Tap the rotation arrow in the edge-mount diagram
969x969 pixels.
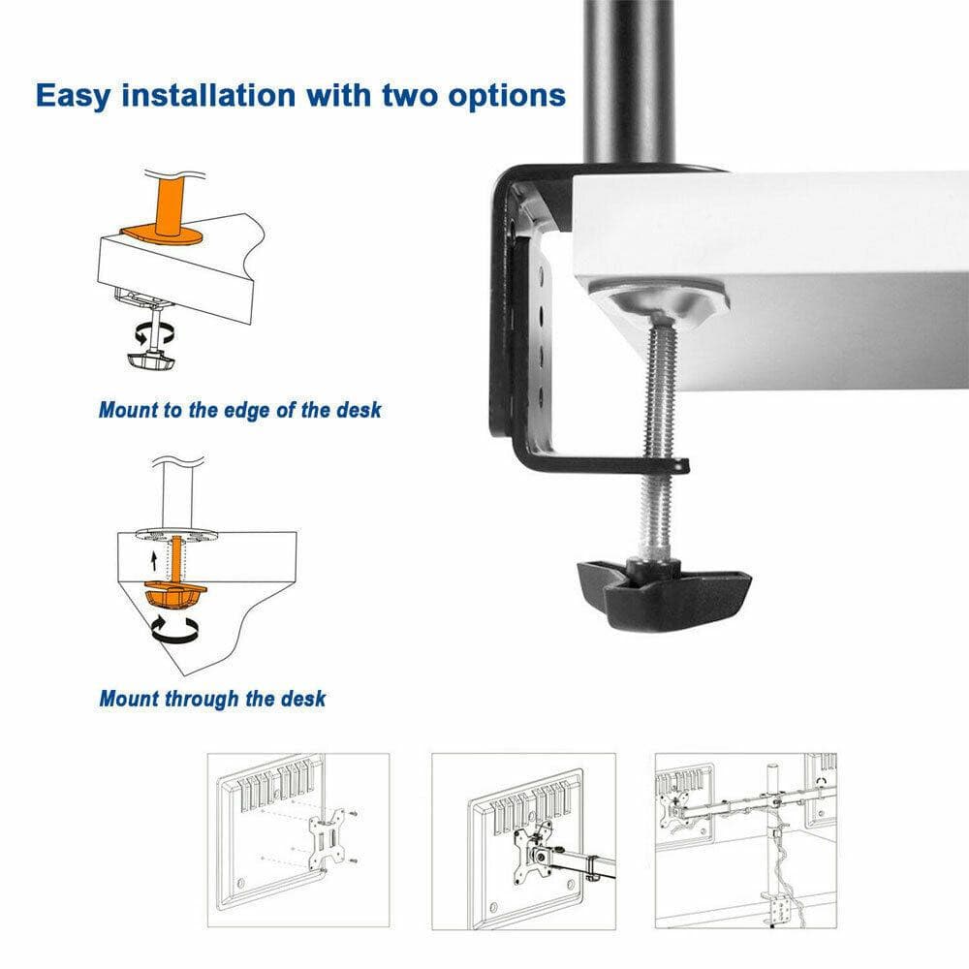point(155,334)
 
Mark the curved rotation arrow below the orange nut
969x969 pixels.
point(174,632)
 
